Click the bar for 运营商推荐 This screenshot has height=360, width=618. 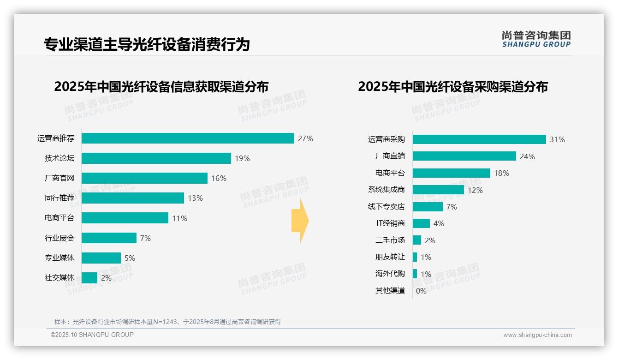click(188, 138)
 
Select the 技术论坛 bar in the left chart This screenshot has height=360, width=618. click(156, 158)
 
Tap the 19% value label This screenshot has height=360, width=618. click(242, 158)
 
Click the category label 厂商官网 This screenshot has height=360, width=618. click(59, 178)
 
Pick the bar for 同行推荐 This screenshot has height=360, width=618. click(133, 198)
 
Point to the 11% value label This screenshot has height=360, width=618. click(179, 218)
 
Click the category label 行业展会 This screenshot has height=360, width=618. click(59, 238)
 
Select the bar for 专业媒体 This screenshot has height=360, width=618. click(101, 258)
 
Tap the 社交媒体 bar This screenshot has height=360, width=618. click(90, 278)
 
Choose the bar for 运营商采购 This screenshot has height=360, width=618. click(479, 139)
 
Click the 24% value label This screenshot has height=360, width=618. click(527, 156)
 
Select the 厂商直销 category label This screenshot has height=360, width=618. click(390, 156)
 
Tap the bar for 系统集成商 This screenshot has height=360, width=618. click(438, 190)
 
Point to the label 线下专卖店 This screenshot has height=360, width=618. click(386, 207)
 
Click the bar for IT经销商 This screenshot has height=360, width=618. click(421, 223)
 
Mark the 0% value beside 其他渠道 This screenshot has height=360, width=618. click(421, 291)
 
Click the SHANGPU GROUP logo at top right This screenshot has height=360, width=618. click(536, 39)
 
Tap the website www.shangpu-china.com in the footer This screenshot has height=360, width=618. click(537, 335)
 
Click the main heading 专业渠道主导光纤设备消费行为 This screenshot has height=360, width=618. click(147, 44)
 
